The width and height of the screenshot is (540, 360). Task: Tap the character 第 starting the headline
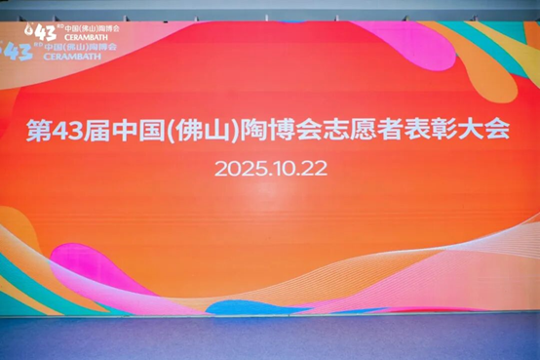pyautogui.click(x=42, y=132)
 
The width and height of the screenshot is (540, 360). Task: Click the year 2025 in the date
pyautogui.click(x=239, y=167)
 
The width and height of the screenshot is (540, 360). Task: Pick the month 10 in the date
pyautogui.click(x=283, y=167)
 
